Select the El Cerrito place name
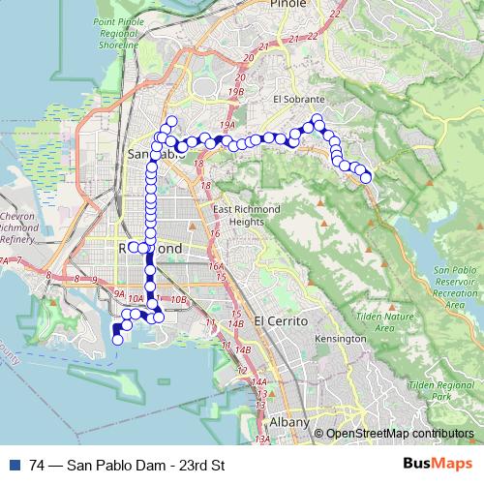pos(280,320)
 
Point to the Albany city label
pos(289,423)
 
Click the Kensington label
pos(340,340)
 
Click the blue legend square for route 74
pos(13,463)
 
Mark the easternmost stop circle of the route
pos(366,177)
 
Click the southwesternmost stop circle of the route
pos(117,340)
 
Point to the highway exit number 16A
pos(217,265)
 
